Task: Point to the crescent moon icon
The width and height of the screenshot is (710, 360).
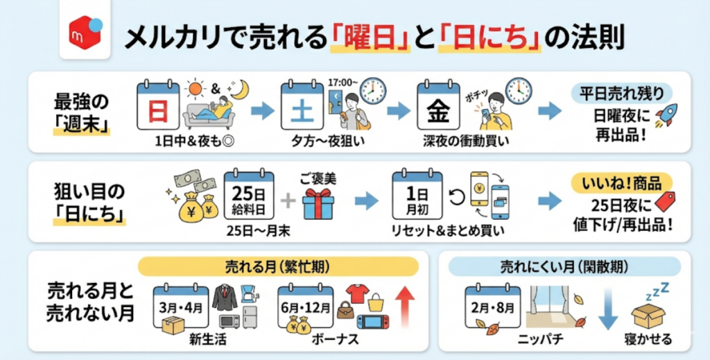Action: click(240, 89)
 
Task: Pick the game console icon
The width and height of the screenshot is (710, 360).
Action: click(372, 322)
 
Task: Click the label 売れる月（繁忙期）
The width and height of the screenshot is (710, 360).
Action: click(278, 266)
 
